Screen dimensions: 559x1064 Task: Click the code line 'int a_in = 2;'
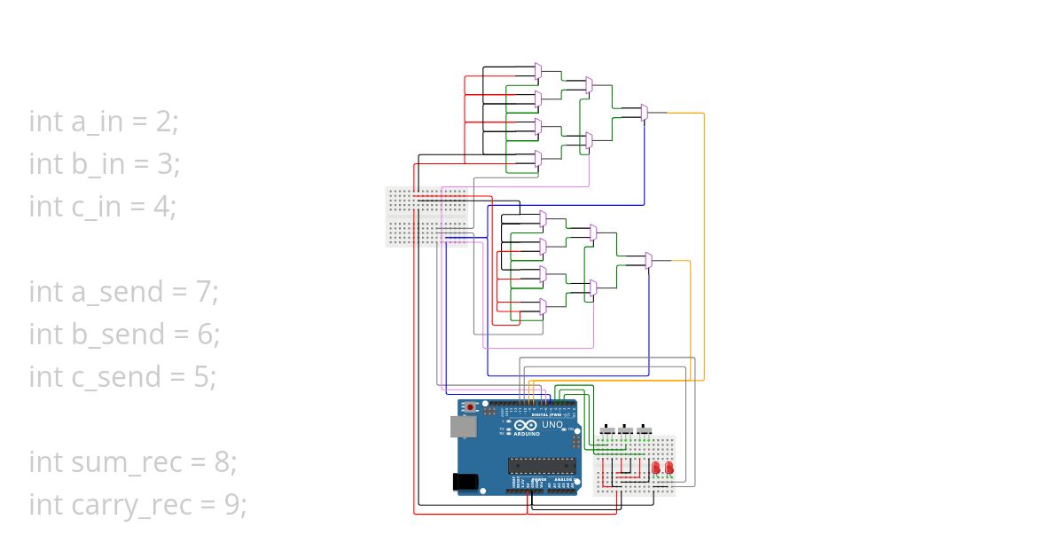104,121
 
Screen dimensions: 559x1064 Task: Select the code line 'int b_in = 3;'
105,163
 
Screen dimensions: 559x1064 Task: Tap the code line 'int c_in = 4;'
103,206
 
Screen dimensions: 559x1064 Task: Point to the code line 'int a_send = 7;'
123,291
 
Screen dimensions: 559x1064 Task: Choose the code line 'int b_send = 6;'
124,334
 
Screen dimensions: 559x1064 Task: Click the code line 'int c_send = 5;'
122,376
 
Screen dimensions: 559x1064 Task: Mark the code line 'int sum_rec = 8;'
133,461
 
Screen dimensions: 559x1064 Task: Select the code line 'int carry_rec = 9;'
137,504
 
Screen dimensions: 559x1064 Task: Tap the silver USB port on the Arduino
462,427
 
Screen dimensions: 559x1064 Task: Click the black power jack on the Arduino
465,481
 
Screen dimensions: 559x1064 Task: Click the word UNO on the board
552,424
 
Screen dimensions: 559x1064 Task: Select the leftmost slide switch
607,431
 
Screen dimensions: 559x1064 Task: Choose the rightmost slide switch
645,431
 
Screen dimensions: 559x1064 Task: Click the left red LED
656,467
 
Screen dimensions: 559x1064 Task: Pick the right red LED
669,467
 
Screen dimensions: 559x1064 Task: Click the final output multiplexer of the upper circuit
645,113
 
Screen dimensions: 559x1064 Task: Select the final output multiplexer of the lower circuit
648,260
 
